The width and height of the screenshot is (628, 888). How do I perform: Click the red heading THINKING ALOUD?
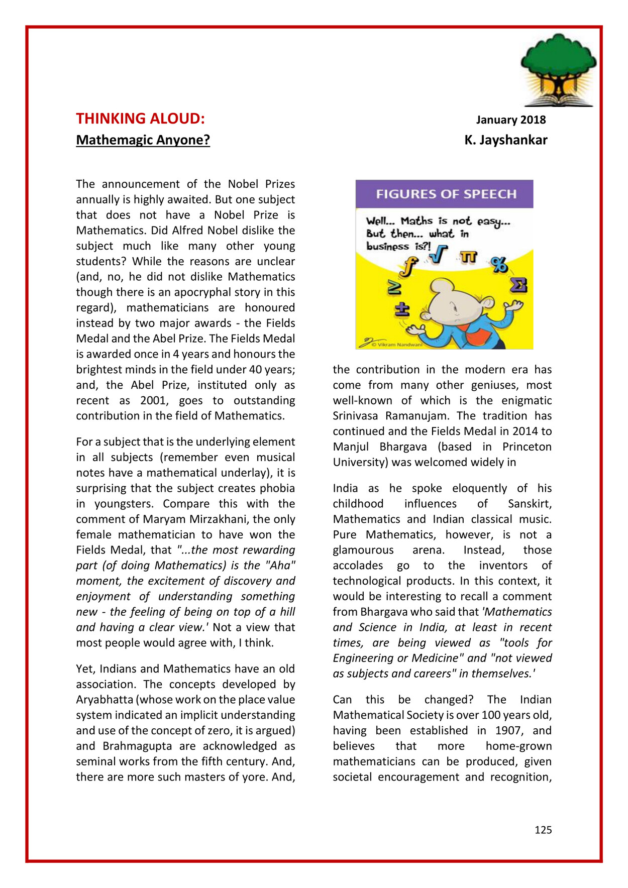click(140, 119)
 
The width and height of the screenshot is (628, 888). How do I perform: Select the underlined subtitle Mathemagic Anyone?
click(143, 140)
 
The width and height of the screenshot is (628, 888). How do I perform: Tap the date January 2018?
click(510, 120)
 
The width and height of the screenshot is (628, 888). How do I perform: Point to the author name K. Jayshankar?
click(505, 140)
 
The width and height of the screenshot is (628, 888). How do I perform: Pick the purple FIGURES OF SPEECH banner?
click(444, 194)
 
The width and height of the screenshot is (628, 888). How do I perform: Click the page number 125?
click(543, 830)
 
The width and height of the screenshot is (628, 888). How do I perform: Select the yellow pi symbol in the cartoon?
click(469, 257)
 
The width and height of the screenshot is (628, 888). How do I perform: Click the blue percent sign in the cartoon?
click(499, 264)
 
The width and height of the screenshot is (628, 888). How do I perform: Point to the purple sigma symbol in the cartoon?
click(518, 285)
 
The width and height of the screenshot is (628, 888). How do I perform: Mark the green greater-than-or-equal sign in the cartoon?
click(394, 288)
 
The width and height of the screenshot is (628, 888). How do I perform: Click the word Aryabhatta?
click(105, 700)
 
